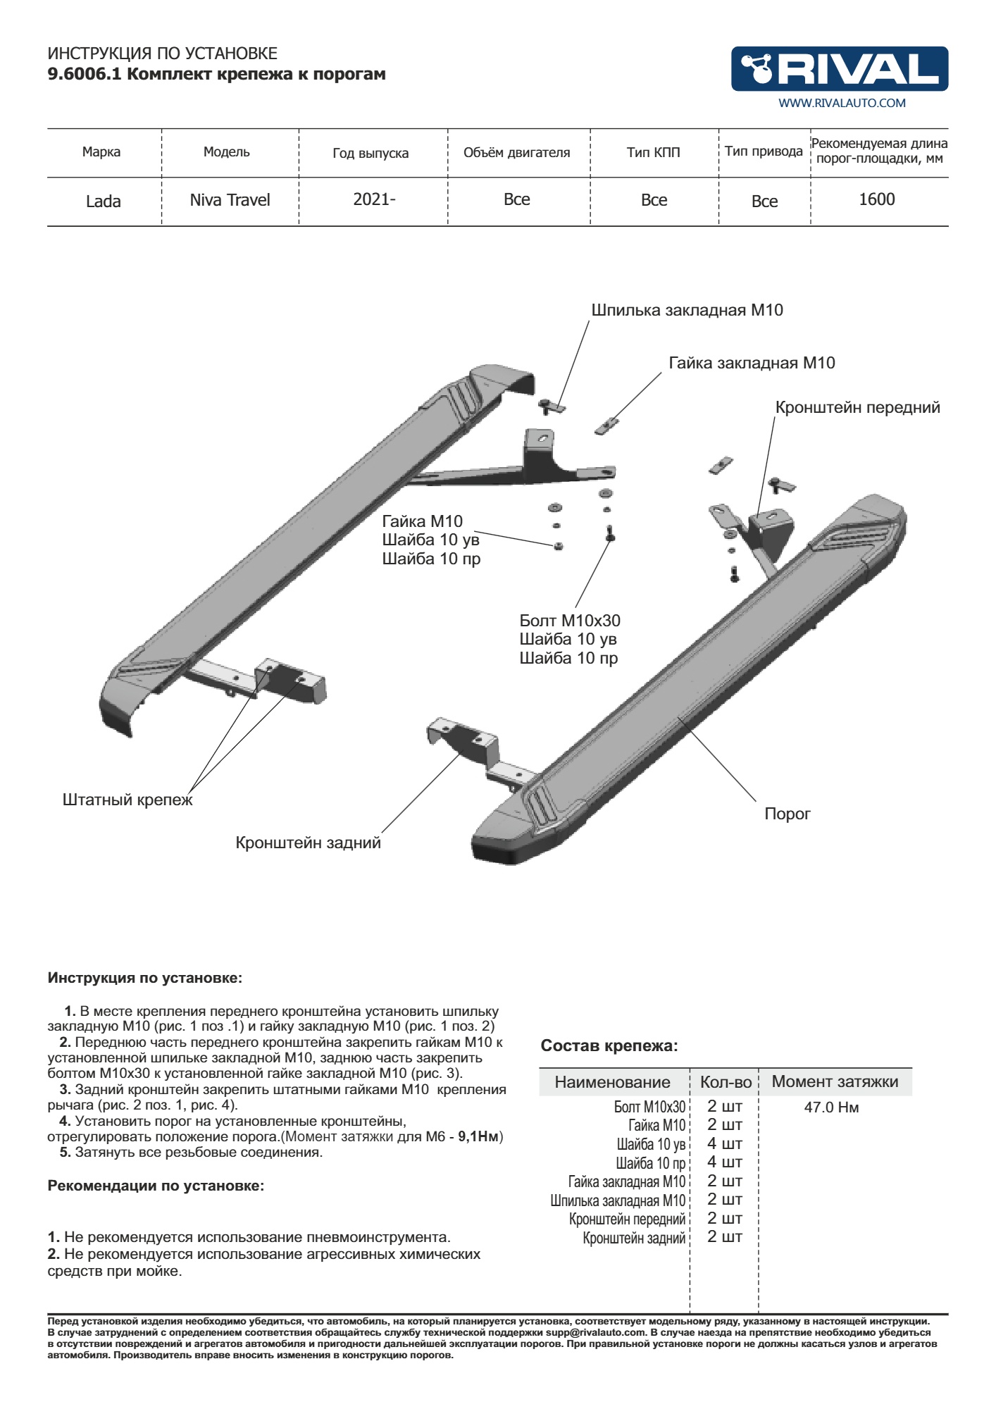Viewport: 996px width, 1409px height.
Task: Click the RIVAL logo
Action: [x=839, y=69]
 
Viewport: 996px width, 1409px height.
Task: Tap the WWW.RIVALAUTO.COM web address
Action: [x=842, y=103]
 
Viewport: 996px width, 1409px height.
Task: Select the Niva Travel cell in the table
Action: [x=230, y=200]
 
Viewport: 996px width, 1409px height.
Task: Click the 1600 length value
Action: [x=876, y=199]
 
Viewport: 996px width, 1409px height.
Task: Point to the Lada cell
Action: [x=103, y=201]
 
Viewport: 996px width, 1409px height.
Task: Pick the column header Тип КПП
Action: [x=653, y=152]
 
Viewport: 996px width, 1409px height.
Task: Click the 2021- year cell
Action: [x=374, y=199]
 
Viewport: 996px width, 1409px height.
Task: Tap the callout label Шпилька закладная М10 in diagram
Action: [x=687, y=311]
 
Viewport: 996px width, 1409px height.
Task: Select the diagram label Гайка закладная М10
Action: [x=752, y=364]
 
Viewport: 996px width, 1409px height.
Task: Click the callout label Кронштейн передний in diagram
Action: [x=857, y=408]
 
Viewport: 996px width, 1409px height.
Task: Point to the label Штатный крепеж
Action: [x=127, y=800]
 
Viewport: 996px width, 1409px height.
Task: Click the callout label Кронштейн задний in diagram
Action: [x=308, y=843]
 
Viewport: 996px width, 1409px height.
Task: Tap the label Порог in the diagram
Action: [x=787, y=814]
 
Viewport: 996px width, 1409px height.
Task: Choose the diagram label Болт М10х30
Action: [x=570, y=621]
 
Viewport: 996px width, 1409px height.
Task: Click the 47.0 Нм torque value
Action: [x=831, y=1107]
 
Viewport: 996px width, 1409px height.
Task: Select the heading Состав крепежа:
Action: [x=609, y=1046]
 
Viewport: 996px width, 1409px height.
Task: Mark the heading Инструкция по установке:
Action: [x=144, y=978]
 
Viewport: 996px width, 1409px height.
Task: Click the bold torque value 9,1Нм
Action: [x=478, y=1136]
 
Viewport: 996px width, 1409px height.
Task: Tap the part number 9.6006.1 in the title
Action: [x=84, y=74]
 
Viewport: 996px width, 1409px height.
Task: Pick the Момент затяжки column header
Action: [x=835, y=1082]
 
